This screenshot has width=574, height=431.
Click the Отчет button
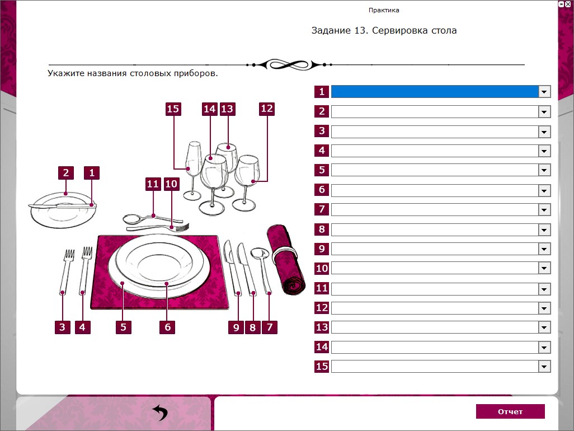tap(510, 411)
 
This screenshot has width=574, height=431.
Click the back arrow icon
tap(160, 413)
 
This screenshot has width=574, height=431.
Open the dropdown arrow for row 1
tap(544, 92)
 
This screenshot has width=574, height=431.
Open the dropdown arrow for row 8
tap(544, 229)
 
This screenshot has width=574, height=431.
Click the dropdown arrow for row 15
tap(544, 367)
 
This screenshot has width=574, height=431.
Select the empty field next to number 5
tap(435, 170)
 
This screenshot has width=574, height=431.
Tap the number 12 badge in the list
tap(322, 308)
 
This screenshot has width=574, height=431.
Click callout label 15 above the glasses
tap(173, 109)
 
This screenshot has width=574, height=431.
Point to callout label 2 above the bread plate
tap(66, 173)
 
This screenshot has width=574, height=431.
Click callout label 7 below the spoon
tap(270, 327)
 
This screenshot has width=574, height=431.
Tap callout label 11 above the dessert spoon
tap(153, 184)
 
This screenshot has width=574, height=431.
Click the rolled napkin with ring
tap(286, 259)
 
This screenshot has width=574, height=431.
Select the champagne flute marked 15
tap(193, 170)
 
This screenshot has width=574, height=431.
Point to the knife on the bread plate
tap(62, 207)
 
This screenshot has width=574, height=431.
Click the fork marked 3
tap(66, 271)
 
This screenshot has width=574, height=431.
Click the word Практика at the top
tap(384, 10)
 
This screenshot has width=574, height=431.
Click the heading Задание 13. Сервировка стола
tap(384, 30)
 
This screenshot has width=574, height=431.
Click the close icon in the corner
tap(568, 4)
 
